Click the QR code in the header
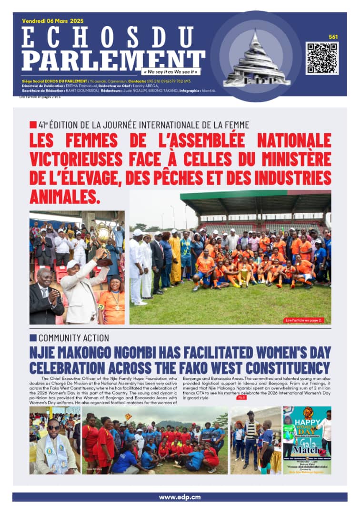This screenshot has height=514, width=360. [322, 58]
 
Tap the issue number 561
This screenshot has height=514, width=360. [333, 37]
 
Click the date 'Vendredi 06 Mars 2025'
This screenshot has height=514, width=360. [52, 21]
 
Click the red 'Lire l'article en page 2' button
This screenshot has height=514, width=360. [303, 320]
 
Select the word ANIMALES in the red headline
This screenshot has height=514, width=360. [65, 196]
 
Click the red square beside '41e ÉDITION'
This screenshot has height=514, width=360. [33, 125]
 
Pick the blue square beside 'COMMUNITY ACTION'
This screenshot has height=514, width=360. [33, 338]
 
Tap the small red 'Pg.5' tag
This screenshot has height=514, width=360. [241, 397]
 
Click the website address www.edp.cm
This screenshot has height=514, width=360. [180, 497]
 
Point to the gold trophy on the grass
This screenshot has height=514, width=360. [244, 276]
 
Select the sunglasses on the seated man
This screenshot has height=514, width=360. [53, 427]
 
